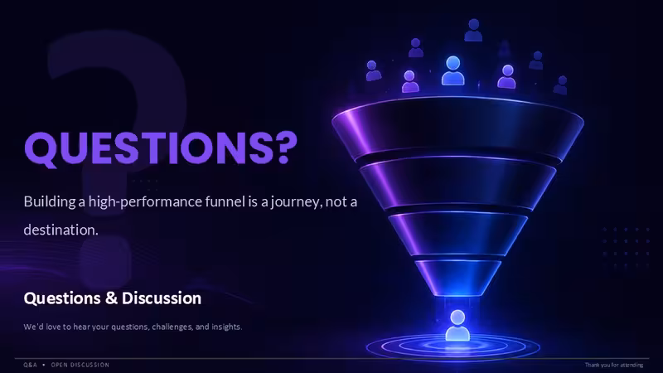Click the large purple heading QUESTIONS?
pyautogui.click(x=161, y=148)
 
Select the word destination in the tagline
pyautogui.click(x=60, y=230)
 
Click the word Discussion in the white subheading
pyautogui.click(x=162, y=298)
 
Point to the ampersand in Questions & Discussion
pyautogui.click(x=111, y=298)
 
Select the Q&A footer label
pyautogui.click(x=30, y=365)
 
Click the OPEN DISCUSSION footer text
pyautogui.click(x=80, y=365)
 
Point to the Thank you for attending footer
pyautogui.click(x=614, y=365)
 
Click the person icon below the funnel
pyautogui.click(x=457, y=325)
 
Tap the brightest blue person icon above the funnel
pyautogui.click(x=453, y=70)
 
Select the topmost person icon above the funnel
pyautogui.click(x=473, y=30)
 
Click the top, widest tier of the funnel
pyautogui.click(x=457, y=127)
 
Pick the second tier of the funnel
pyautogui.click(x=457, y=183)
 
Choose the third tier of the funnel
pyautogui.click(x=457, y=233)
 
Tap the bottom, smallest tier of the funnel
pyautogui.click(x=457, y=277)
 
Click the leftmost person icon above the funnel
pyautogui.click(x=373, y=70)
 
